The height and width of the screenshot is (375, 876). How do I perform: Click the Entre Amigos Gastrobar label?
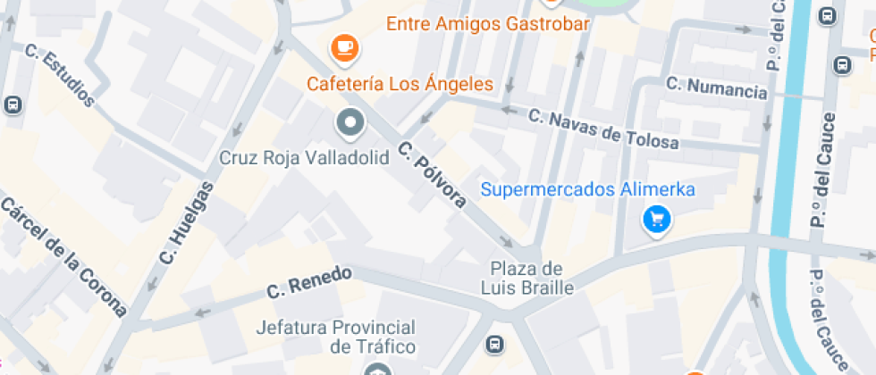[x=488, y=24]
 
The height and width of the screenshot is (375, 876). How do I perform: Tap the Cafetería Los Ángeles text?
[x=400, y=85]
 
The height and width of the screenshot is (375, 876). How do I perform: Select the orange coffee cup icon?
[x=343, y=47]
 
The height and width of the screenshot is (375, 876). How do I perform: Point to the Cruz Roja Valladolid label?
[x=304, y=158]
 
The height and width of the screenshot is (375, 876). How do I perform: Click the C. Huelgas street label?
[x=187, y=222]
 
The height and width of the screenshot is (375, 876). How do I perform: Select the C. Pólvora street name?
[x=433, y=174]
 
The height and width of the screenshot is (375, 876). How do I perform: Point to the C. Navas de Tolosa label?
[x=603, y=129]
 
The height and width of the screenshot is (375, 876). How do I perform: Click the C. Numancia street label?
[x=717, y=87]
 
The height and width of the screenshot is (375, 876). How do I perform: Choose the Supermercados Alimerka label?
[x=588, y=189]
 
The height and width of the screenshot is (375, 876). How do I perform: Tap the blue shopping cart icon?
[x=658, y=219]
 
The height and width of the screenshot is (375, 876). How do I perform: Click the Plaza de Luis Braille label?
[x=526, y=278]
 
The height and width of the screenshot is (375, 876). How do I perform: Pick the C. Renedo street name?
[x=309, y=282]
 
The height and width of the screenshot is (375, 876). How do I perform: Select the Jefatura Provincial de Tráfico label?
[x=335, y=337]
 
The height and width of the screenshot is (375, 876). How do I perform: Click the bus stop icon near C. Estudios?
[x=13, y=104]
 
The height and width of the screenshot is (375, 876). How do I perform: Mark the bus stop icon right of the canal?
[x=842, y=64]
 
